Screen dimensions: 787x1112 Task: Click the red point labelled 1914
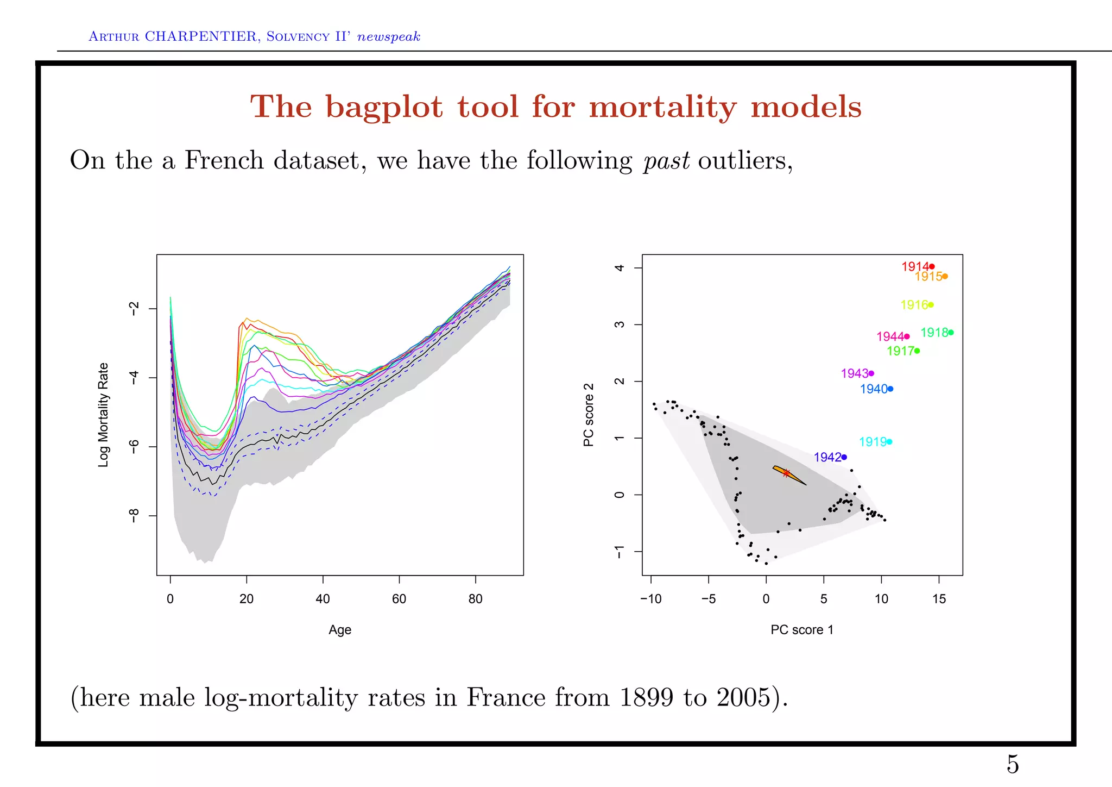pos(932,266)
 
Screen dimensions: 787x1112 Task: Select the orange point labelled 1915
pos(945,276)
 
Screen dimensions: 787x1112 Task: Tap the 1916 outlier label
pos(914,305)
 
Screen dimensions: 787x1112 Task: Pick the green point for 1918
pos(951,332)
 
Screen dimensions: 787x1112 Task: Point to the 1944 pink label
pos(890,337)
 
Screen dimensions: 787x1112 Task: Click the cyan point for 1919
pos(889,442)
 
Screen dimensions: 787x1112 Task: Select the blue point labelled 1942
pos(844,457)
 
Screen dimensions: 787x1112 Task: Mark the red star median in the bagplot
pos(786,473)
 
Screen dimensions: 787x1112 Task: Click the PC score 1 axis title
pos(801,630)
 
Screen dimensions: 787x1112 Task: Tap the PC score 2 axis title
pos(589,415)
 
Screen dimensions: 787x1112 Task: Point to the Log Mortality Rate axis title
pos(103,415)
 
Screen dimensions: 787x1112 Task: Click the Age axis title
pos(340,630)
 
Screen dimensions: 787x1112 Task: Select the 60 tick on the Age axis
pos(399,599)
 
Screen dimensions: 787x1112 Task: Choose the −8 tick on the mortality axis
pos(134,515)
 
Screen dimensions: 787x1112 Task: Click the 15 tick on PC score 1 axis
pos(939,599)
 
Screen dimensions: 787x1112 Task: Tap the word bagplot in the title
pos(384,107)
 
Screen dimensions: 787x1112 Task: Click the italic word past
pos(666,161)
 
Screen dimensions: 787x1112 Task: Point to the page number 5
pos(1013,764)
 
